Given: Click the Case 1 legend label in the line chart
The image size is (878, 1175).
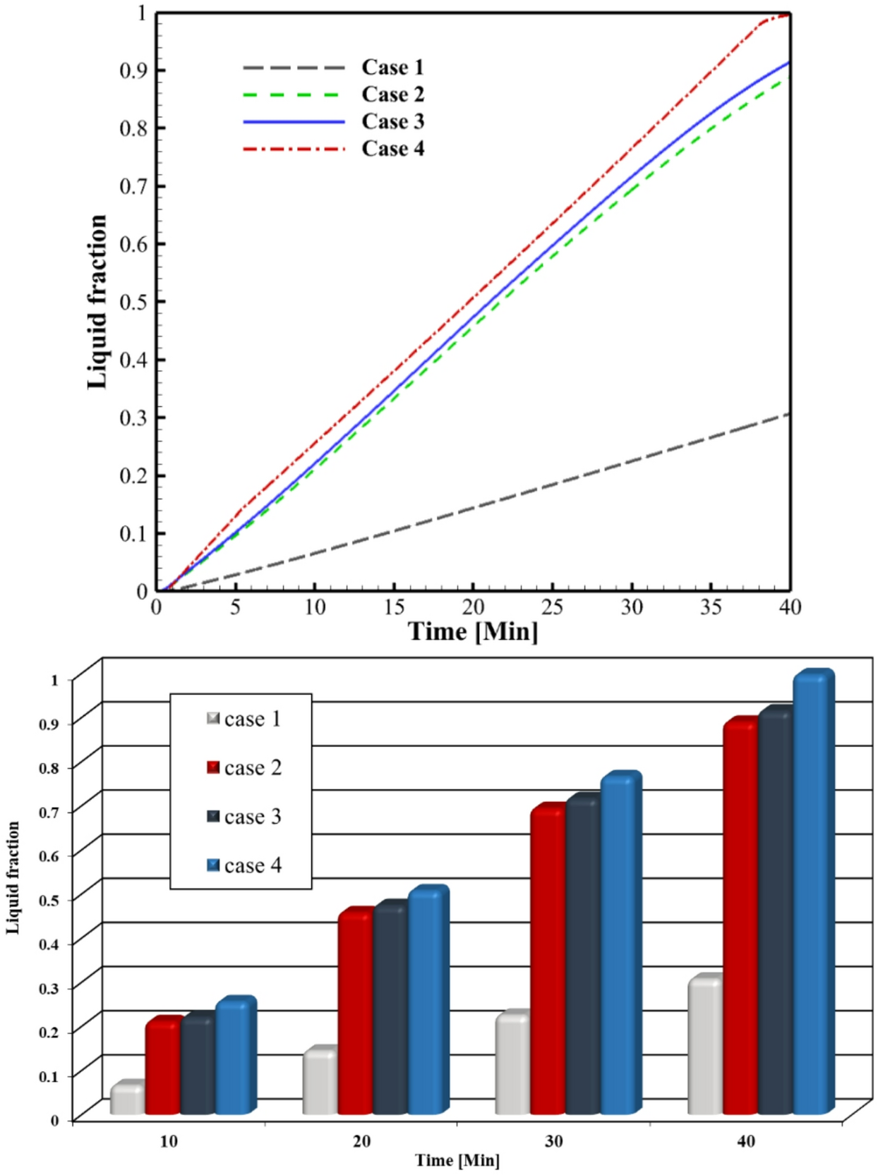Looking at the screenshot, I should [x=392, y=67].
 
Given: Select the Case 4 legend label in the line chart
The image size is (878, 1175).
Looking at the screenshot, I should [x=392, y=149].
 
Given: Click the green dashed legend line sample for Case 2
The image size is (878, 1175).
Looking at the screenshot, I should [x=293, y=95].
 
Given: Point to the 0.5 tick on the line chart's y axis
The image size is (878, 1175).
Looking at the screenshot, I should [x=135, y=302].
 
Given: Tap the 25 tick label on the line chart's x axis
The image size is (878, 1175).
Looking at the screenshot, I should [x=552, y=607].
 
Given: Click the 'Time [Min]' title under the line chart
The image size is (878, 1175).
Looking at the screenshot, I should [x=473, y=631].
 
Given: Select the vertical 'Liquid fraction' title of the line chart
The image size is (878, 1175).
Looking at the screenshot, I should [x=97, y=302].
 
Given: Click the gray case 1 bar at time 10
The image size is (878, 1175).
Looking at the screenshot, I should [x=127, y=1100].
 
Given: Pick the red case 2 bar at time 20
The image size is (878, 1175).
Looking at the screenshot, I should [x=355, y=1016].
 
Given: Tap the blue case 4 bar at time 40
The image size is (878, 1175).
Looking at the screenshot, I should [x=812, y=896].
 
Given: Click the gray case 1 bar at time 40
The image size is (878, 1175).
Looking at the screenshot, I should [x=705, y=1047].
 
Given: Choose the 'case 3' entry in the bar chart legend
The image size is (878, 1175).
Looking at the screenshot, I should [x=252, y=817].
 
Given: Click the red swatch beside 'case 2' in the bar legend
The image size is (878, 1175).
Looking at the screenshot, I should [x=213, y=767].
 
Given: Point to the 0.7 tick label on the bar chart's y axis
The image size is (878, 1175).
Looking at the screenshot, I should [x=49, y=811].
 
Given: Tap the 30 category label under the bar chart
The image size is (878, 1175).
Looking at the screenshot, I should [x=554, y=1141].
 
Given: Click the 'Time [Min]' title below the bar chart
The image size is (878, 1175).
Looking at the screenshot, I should [x=457, y=1160].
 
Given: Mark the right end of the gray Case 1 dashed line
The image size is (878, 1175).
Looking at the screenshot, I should [x=787, y=415].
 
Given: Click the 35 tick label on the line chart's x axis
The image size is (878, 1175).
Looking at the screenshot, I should [x=711, y=607].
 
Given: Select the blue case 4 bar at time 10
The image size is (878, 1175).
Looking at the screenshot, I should [x=234, y=1058].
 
